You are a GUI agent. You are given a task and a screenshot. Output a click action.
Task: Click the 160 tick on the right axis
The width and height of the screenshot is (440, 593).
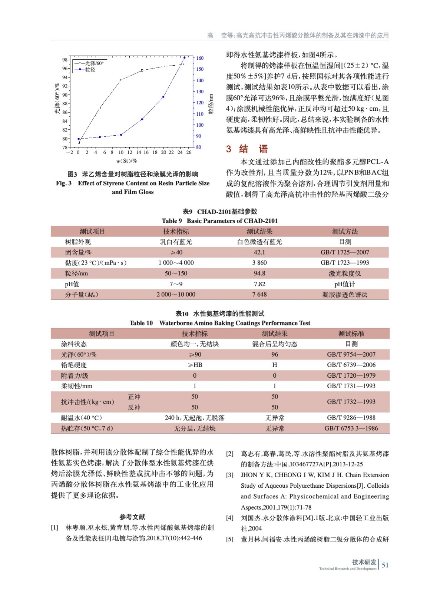(200, 58)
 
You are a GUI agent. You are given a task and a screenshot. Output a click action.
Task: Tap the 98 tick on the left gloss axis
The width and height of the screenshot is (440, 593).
(65, 60)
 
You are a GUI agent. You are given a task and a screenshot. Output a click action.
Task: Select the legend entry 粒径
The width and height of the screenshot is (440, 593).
(90, 70)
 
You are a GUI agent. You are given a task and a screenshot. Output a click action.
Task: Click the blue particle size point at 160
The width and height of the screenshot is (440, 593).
(185, 58)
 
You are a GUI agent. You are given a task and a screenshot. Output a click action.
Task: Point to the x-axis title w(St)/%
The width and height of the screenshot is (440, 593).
(127, 161)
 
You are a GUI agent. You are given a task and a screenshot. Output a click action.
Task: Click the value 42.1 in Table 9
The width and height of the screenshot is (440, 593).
(259, 252)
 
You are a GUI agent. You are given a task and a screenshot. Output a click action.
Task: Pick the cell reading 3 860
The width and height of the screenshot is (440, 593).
(259, 263)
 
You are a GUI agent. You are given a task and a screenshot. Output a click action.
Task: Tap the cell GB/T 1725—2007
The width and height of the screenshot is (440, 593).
(345, 252)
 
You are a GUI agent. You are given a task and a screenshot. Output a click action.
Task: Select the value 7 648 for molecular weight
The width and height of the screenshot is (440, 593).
(259, 295)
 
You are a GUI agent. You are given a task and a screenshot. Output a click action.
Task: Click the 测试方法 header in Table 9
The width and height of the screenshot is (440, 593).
(345, 232)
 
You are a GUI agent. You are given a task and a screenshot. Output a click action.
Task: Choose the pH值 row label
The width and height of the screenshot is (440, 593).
(72, 284)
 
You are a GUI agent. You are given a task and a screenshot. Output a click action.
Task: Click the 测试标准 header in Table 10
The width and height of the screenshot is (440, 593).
(351, 334)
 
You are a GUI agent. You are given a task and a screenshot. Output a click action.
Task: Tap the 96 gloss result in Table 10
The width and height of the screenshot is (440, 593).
(275, 355)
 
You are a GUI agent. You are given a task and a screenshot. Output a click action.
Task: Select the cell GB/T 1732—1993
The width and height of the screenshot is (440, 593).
(351, 402)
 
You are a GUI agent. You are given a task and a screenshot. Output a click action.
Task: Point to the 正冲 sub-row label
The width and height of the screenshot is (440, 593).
(134, 397)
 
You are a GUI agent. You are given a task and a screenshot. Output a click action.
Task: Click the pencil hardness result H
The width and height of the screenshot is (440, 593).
(275, 365)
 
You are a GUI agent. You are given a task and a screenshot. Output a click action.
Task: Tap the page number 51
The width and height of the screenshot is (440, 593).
(385, 565)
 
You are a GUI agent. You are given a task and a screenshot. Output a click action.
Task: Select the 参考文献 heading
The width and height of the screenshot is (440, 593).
(132, 517)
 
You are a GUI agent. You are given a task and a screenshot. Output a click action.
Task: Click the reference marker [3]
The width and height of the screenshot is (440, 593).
(230, 475)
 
